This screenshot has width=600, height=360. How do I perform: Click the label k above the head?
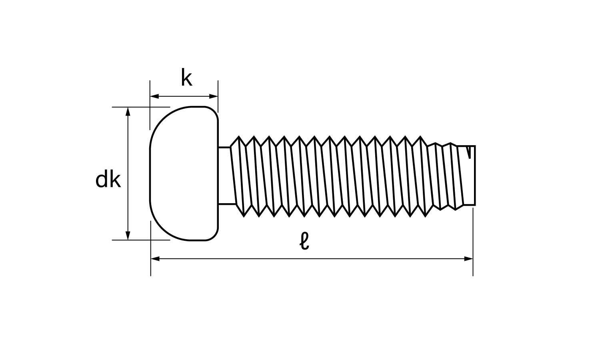pyautogui.click(x=186, y=78)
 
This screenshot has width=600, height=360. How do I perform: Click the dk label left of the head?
pyautogui.click(x=108, y=180)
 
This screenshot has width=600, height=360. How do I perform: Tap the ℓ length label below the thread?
pyautogui.click(x=304, y=241)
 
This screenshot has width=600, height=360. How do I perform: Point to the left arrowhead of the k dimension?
pyautogui.click(x=154, y=96)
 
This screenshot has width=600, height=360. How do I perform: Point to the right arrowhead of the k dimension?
pyautogui.click(x=214, y=96)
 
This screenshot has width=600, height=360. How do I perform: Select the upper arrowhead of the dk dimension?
pyautogui.click(x=128, y=112)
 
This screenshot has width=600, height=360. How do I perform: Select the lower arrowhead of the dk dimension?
pyautogui.click(x=128, y=236)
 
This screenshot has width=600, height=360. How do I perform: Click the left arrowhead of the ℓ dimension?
pyautogui.click(x=155, y=259)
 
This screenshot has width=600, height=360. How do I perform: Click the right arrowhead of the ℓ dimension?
pyautogui.click(x=468, y=259)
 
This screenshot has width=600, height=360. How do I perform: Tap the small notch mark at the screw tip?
pyautogui.click(x=469, y=152)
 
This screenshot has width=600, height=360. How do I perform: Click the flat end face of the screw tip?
pyautogui.click(x=475, y=176)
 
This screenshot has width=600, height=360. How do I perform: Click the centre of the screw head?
pyautogui.click(x=184, y=173)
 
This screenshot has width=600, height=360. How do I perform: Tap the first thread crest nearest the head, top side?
pyautogui.click(x=239, y=137)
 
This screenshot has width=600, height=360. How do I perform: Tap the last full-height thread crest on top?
pyautogui.click(x=420, y=137)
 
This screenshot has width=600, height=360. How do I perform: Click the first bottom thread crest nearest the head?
pyautogui.click(x=244, y=216)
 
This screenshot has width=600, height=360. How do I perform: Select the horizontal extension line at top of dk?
pyautogui.click(x=141, y=107)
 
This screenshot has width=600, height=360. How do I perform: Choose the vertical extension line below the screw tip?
pyautogui.click(x=473, y=242)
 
